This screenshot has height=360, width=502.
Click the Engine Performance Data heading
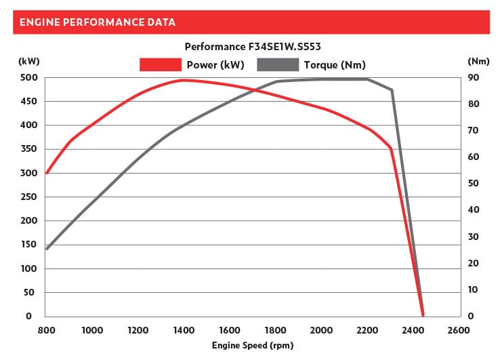coord(98,22)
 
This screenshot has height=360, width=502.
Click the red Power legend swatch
coord(161,64)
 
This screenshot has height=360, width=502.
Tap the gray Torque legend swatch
coord(278,64)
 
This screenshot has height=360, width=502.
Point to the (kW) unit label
coord(28,61)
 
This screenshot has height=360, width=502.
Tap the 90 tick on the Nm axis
coord(474,78)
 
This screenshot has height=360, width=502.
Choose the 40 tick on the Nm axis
coord(474,210)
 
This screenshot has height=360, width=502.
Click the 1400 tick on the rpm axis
coord(184,330)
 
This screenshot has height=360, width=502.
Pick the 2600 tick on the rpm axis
coord(459,330)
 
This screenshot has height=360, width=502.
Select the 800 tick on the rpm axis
coord(46,330)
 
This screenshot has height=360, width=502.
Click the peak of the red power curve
coord(183,80)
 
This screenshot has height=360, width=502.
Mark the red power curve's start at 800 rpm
coord(46,173)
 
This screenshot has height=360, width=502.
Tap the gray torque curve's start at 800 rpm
coord(46,249)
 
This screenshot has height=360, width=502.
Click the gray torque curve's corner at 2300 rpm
coord(391,90)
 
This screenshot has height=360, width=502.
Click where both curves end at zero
coord(423,315)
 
